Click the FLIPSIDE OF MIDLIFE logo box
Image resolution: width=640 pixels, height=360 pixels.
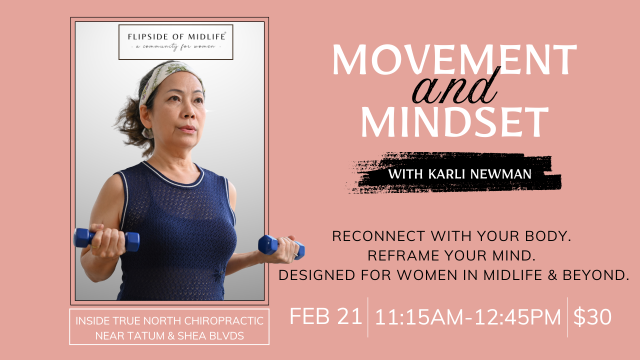click(176, 42)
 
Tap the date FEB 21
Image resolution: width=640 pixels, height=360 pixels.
click(325, 317)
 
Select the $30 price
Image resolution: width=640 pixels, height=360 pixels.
click(592, 317)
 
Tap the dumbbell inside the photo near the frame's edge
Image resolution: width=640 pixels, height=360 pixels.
click(106, 239)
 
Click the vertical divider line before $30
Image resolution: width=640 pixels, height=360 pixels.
click(567, 317)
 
